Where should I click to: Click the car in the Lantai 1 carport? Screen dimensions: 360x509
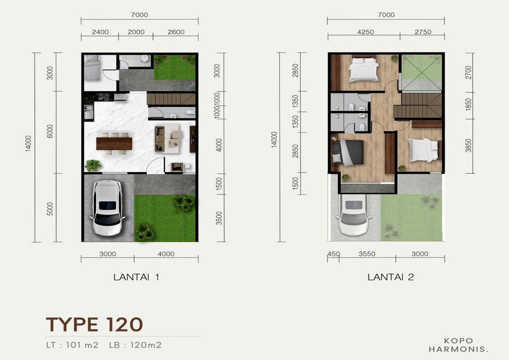coord(107,208)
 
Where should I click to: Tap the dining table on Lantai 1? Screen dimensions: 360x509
coord(114,143)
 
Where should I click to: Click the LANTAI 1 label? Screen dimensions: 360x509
coord(136,277)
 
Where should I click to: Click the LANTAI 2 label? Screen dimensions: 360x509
coord(391,277)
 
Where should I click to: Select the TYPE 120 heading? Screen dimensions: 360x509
coord(94,324)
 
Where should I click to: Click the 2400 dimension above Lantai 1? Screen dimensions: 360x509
coord(100,32)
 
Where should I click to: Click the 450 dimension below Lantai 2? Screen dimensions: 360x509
coord(334,254)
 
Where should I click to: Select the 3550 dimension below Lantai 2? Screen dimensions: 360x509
coord(367,254)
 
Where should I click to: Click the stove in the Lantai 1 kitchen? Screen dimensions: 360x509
coord(103,97)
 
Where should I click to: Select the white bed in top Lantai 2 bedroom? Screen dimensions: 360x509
coord(363,70)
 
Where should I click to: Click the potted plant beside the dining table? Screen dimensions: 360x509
coord(92,165)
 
